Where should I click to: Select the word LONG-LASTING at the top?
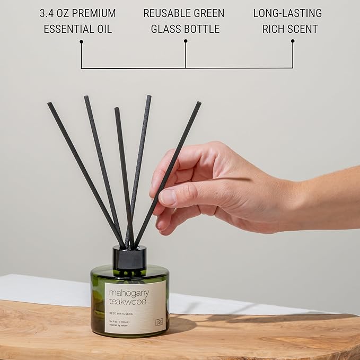287,13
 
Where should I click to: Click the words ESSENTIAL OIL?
78,29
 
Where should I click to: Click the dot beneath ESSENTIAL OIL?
81,41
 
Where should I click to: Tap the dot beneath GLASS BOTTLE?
185,41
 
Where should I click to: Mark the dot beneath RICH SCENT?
293,41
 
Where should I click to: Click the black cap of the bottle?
129,257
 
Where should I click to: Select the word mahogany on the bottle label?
129,293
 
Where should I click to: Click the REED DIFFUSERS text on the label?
121,312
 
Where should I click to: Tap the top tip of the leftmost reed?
49,104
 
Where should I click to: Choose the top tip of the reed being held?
199,103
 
